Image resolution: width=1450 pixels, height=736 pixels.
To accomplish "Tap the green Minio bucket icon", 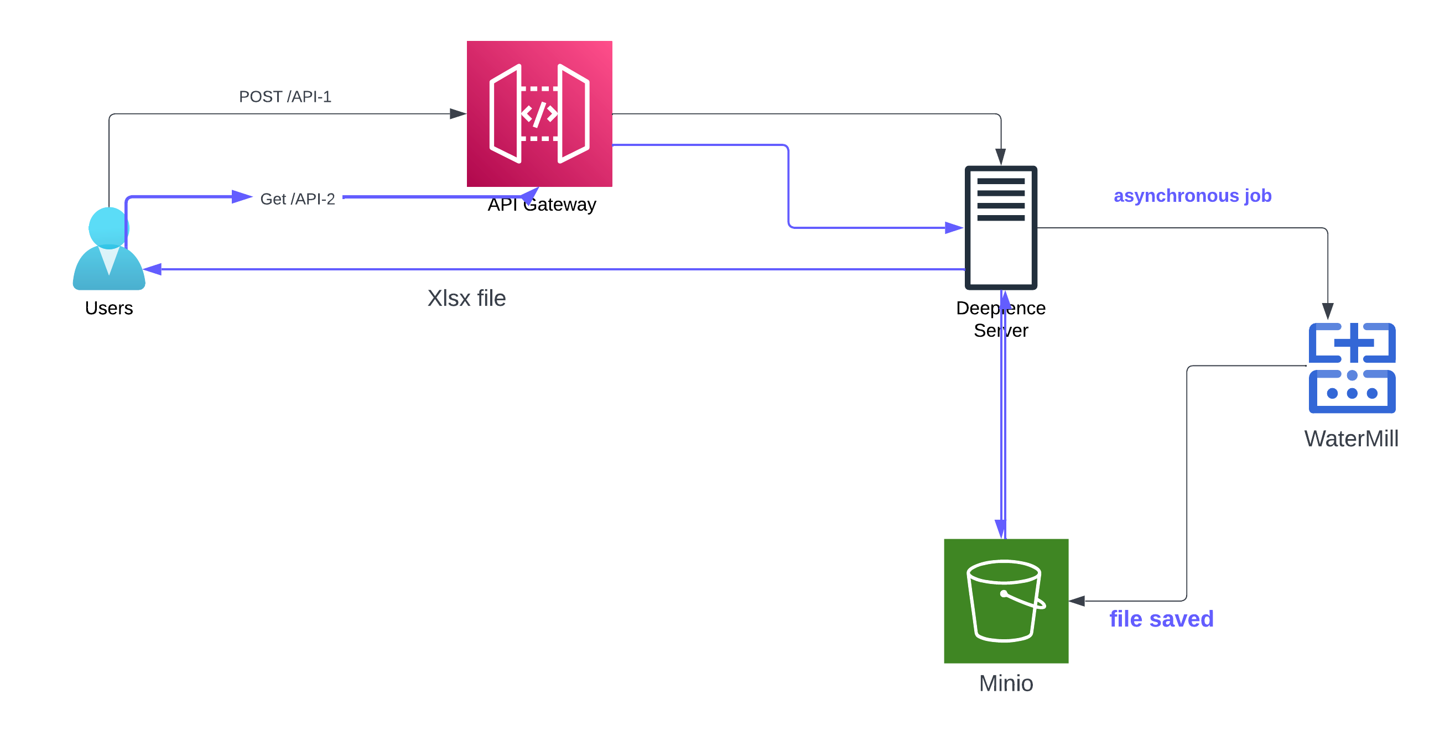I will pos(1006,601).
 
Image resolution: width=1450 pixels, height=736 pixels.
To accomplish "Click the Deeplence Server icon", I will pos(1001,227).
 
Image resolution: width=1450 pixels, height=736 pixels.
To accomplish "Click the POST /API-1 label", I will pos(285,97).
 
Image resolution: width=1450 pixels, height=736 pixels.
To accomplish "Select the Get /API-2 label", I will pos(297,199).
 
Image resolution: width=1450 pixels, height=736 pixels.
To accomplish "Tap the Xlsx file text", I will pos(466,298).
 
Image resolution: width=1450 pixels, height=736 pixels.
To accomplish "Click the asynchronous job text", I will pos(1192,196).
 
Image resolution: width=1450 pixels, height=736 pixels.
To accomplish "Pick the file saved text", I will pos(1161,619).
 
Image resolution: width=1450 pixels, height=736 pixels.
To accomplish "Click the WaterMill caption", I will pos(1351,439).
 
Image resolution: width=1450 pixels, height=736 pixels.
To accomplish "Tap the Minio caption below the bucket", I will pos(1006,683).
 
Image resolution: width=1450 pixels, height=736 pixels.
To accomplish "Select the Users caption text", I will pos(108,309).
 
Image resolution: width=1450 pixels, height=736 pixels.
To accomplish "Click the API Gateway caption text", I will pos(542,205).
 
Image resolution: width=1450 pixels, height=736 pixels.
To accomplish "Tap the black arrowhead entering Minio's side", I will pos(1077,601).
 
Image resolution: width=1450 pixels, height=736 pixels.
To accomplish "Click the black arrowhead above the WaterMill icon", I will pos(1327,311).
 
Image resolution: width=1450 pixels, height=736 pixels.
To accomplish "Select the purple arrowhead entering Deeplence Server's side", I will pos(954,228).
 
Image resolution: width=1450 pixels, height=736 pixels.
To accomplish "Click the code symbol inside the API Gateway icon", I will pos(539,114).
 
